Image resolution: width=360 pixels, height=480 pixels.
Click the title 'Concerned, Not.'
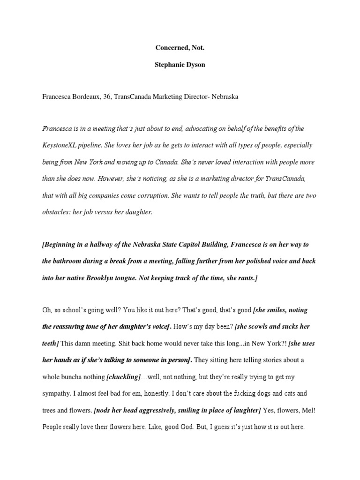tap(180, 48)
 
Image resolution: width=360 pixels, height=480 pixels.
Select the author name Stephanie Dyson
tap(180, 65)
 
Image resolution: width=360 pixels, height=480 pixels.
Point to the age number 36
tap(114, 97)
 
